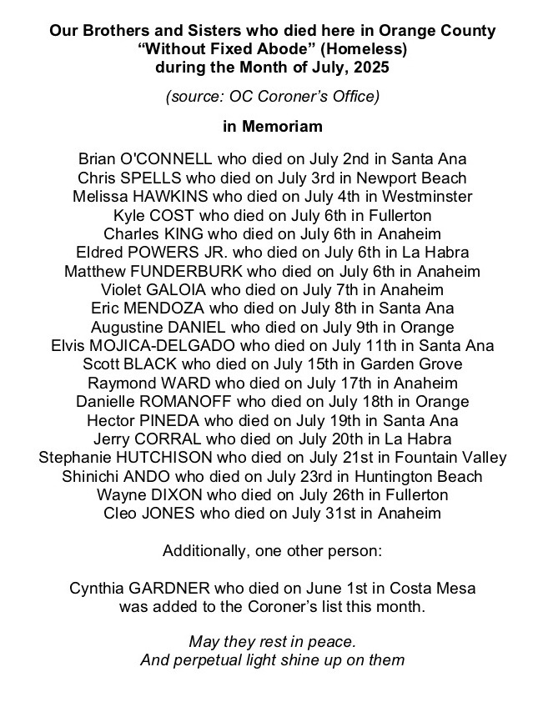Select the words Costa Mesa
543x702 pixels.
point(432,589)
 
